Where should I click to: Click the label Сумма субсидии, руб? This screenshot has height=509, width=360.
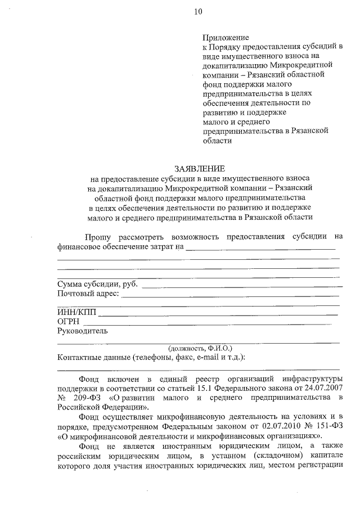(x=98, y=283)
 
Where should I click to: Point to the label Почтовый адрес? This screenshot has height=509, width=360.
(x=88, y=293)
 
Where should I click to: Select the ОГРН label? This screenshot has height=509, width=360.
(x=69, y=322)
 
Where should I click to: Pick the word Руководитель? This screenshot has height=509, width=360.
(x=82, y=331)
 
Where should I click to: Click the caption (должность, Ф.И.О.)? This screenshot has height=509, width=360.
(x=200, y=348)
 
